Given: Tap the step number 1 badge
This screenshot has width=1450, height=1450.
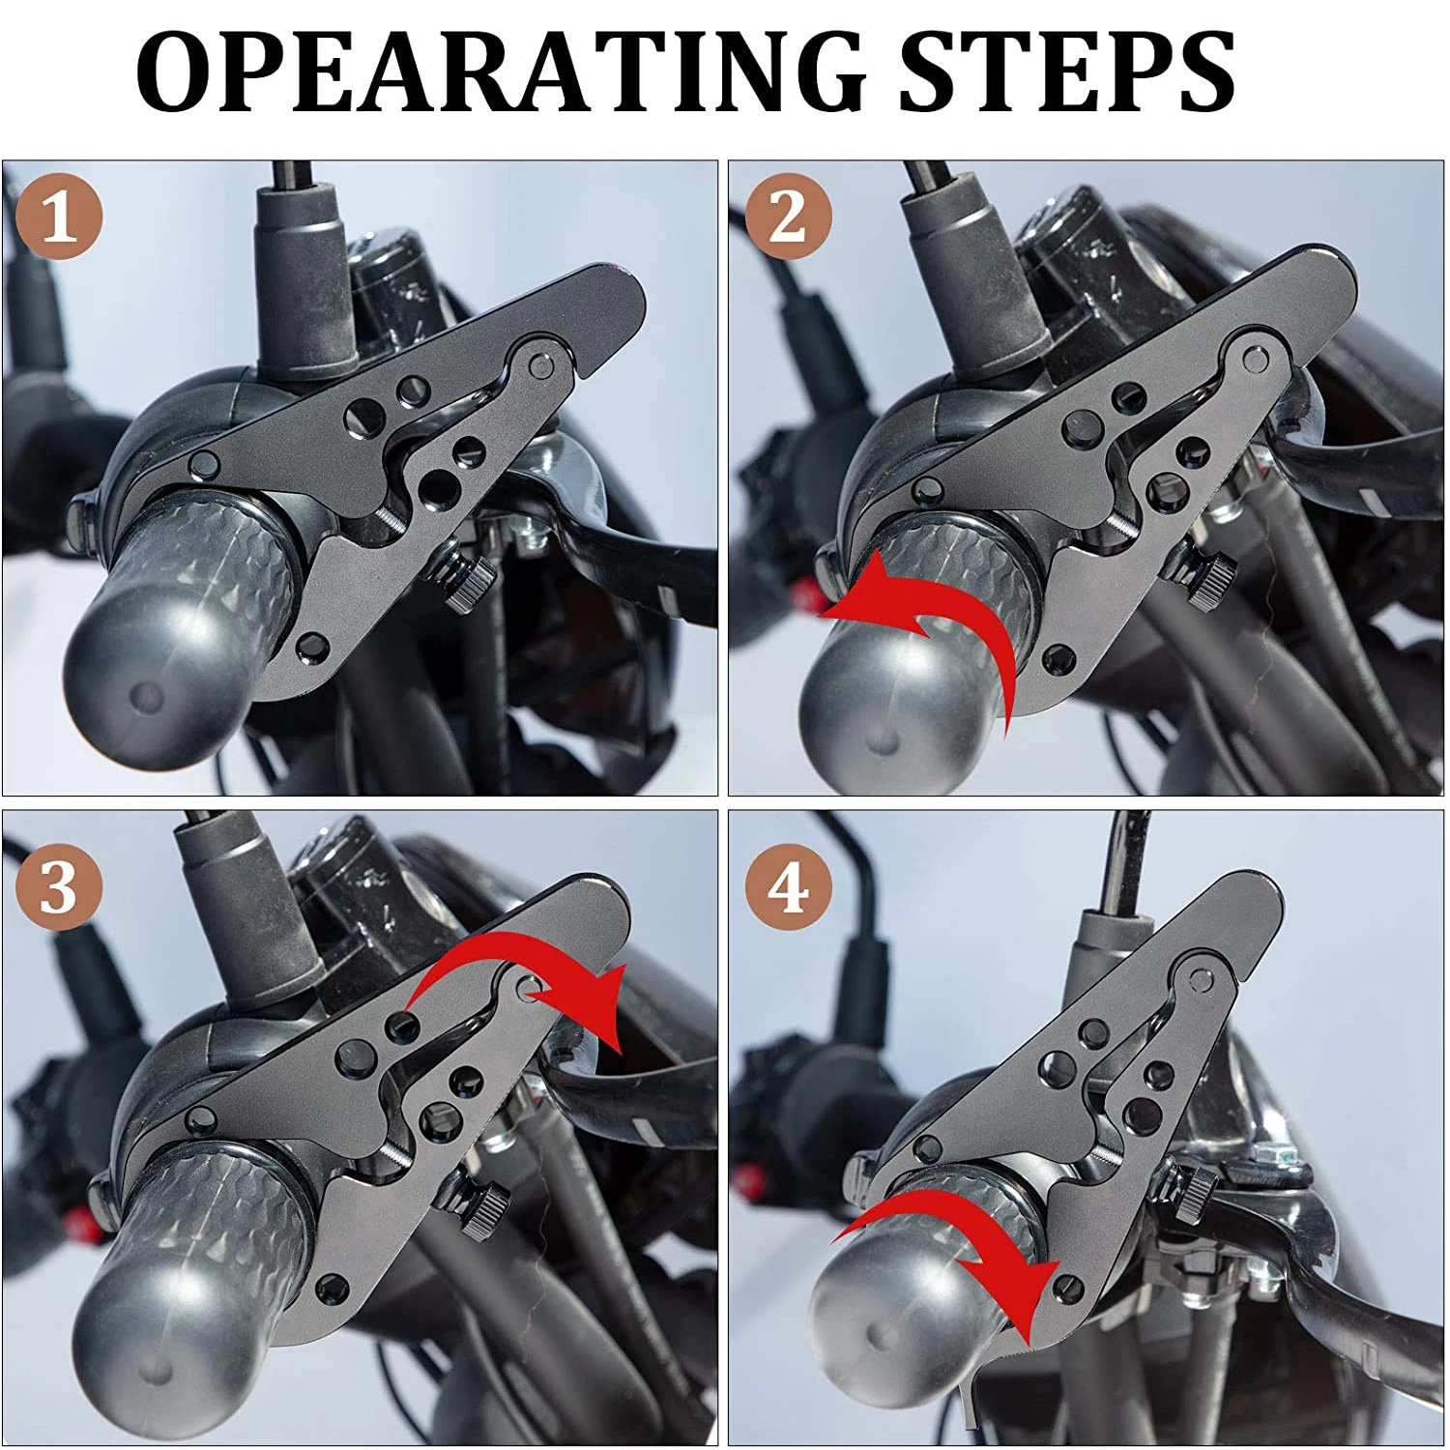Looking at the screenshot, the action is point(60,217).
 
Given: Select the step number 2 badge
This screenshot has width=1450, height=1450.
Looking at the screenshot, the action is point(788,217).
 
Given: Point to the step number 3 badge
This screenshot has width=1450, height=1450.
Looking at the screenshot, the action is point(60,886).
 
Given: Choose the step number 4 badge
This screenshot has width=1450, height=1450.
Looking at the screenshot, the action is point(788,886).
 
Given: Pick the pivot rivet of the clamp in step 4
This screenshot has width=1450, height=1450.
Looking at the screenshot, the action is point(1203,983).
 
